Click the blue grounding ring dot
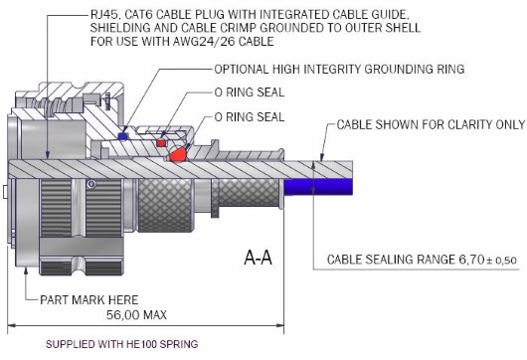(123, 136)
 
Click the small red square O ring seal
(161, 143)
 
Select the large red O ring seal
(178, 155)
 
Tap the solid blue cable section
(318, 187)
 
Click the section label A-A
(258, 258)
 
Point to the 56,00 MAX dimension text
(136, 315)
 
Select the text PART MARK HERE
(89, 299)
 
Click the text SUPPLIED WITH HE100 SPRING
(122, 344)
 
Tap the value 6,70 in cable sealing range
(471, 260)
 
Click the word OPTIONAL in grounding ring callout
(242, 70)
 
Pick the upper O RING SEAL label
(250, 92)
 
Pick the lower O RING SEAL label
(250, 117)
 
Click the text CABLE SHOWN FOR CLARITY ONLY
(431, 124)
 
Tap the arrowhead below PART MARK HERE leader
(26, 270)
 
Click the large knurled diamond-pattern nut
(165, 205)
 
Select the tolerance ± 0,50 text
(501, 261)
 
